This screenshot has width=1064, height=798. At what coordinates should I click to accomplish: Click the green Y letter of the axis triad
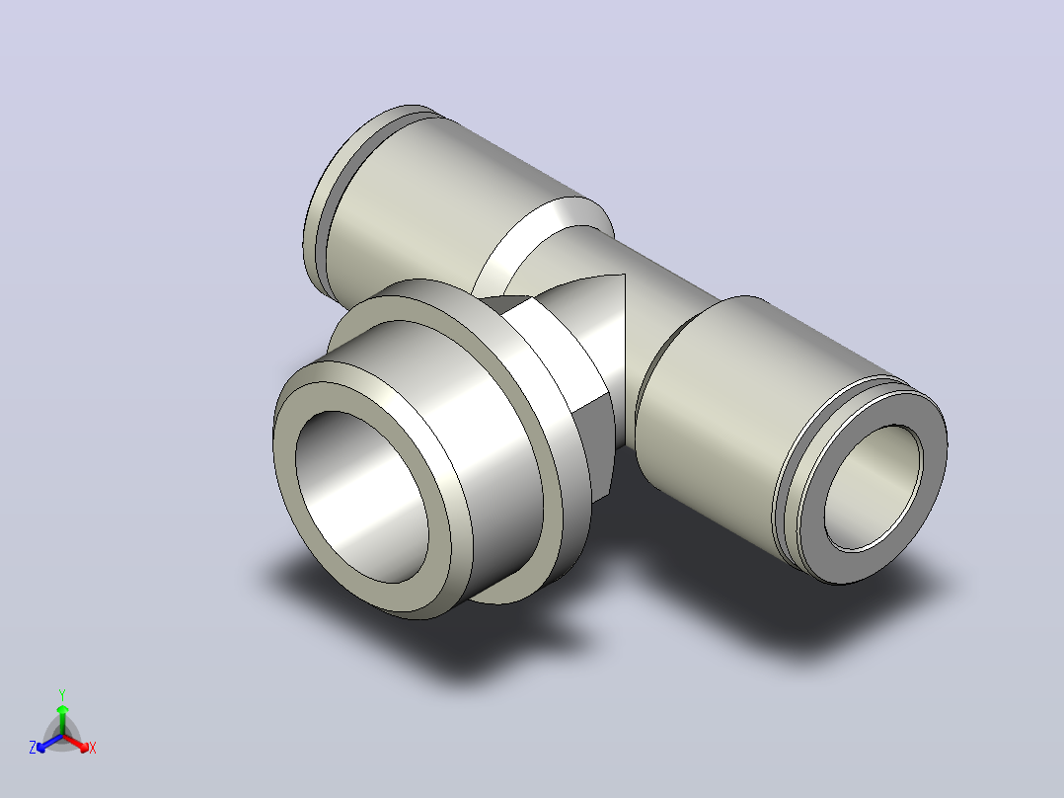pyautogui.click(x=62, y=694)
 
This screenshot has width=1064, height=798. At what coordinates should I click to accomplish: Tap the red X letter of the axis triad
pyautogui.click(x=93, y=748)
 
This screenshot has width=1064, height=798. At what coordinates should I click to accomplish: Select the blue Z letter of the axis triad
pyautogui.click(x=33, y=747)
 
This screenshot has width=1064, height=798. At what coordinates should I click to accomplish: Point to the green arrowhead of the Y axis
pyautogui.click(x=62, y=709)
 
